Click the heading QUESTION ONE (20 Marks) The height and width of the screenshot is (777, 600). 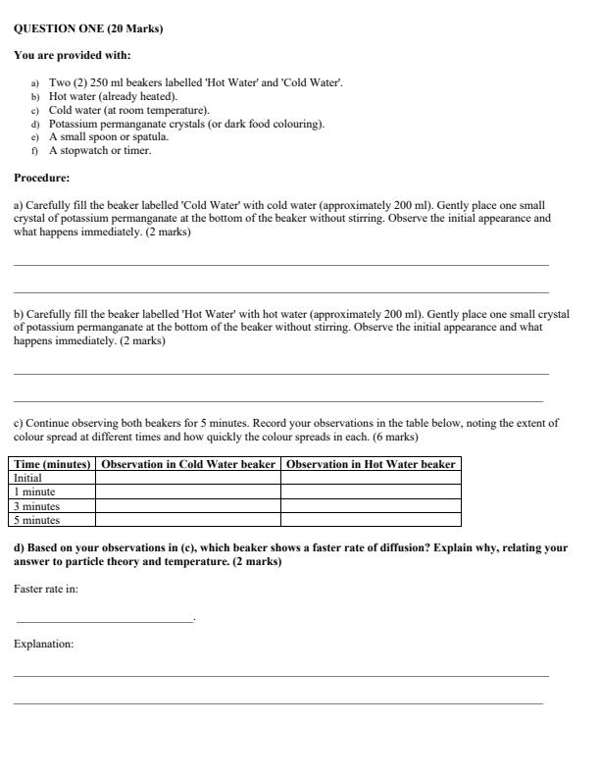click(89, 29)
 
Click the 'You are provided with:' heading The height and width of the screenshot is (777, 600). click(73, 55)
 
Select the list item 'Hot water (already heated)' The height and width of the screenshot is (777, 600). click(113, 97)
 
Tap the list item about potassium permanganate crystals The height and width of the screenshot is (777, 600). click(186, 125)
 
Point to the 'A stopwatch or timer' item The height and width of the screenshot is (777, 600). click(100, 151)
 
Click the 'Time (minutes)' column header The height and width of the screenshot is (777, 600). click(53, 464)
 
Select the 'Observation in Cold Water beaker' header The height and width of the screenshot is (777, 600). click(188, 464)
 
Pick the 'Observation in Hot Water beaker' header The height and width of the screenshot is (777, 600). click(371, 464)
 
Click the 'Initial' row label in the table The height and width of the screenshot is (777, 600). click(28, 478)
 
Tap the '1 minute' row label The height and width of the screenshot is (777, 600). click(35, 492)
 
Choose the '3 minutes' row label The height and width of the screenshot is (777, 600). click(37, 506)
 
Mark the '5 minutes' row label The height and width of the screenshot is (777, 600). click(37, 520)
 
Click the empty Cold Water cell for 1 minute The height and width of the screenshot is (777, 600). click(188, 492)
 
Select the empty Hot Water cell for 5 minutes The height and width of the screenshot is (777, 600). click(371, 520)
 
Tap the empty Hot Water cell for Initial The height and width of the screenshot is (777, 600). click(371, 478)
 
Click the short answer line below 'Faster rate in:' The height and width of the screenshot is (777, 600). click(105, 620)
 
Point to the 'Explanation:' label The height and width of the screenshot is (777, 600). click(44, 645)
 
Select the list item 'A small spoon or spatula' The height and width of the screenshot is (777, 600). click(109, 137)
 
